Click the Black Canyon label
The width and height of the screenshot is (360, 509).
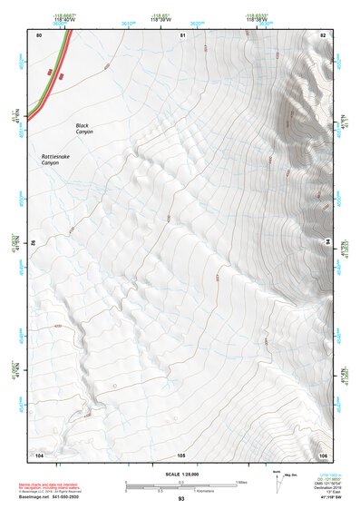point(84,129)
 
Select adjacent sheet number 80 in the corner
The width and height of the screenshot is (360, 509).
point(39,35)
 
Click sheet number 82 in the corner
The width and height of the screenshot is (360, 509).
point(323,35)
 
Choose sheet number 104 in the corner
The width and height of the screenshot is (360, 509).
point(39,455)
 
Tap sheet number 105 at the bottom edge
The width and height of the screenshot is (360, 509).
point(181,455)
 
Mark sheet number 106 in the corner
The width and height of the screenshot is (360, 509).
point(323,455)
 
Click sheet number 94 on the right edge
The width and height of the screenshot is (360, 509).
point(327,243)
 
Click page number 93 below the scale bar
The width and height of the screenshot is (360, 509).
point(181,499)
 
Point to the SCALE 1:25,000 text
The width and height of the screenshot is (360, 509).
point(181,475)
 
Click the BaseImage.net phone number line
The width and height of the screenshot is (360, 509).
point(53,498)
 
